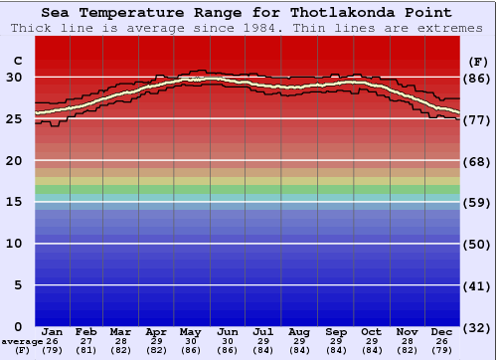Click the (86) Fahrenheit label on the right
(x=476, y=78)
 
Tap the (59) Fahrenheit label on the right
(x=476, y=202)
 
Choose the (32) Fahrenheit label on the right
(x=476, y=327)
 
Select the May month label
(x=190, y=331)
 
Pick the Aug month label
(x=298, y=331)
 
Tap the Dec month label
(x=441, y=331)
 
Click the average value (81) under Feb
(x=86, y=350)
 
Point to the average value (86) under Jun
(x=227, y=350)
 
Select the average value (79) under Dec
(x=441, y=350)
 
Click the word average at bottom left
(x=21, y=341)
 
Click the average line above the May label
(x=190, y=80)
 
